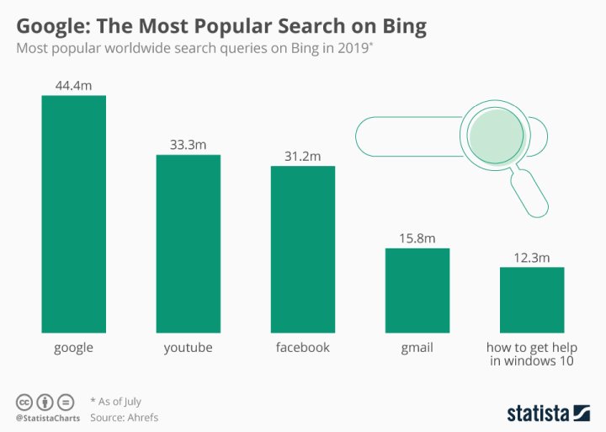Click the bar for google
click(x=74, y=214)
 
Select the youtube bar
click(x=188, y=243)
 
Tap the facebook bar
click(x=302, y=249)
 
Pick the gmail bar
click(x=417, y=291)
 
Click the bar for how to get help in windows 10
click(x=531, y=300)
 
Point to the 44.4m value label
click(x=74, y=85)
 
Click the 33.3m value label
click(x=188, y=145)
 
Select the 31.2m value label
click(x=302, y=156)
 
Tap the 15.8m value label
click(x=417, y=238)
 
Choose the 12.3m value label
click(x=531, y=257)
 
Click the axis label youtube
click(x=188, y=347)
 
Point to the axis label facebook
click(x=302, y=347)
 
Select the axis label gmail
click(x=417, y=347)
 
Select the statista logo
click(x=548, y=413)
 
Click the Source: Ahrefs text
click(x=124, y=417)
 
